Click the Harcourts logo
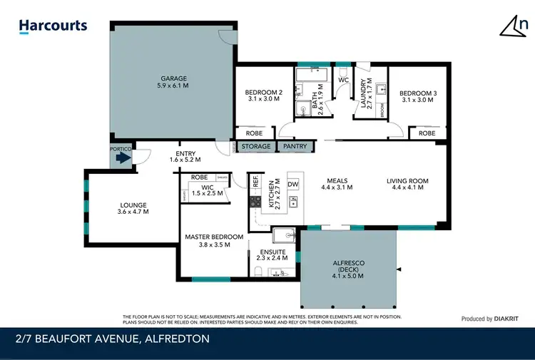point(53,26)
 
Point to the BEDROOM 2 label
point(264,93)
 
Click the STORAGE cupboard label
point(255,147)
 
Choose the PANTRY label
point(295,147)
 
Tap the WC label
point(342,81)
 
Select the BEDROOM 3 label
point(417,93)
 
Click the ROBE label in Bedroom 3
point(427,133)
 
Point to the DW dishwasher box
point(292,185)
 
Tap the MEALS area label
point(337,180)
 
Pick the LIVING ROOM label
point(407,181)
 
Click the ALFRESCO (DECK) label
point(350,263)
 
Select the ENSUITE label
point(273,252)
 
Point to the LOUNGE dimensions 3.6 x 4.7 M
point(133,212)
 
